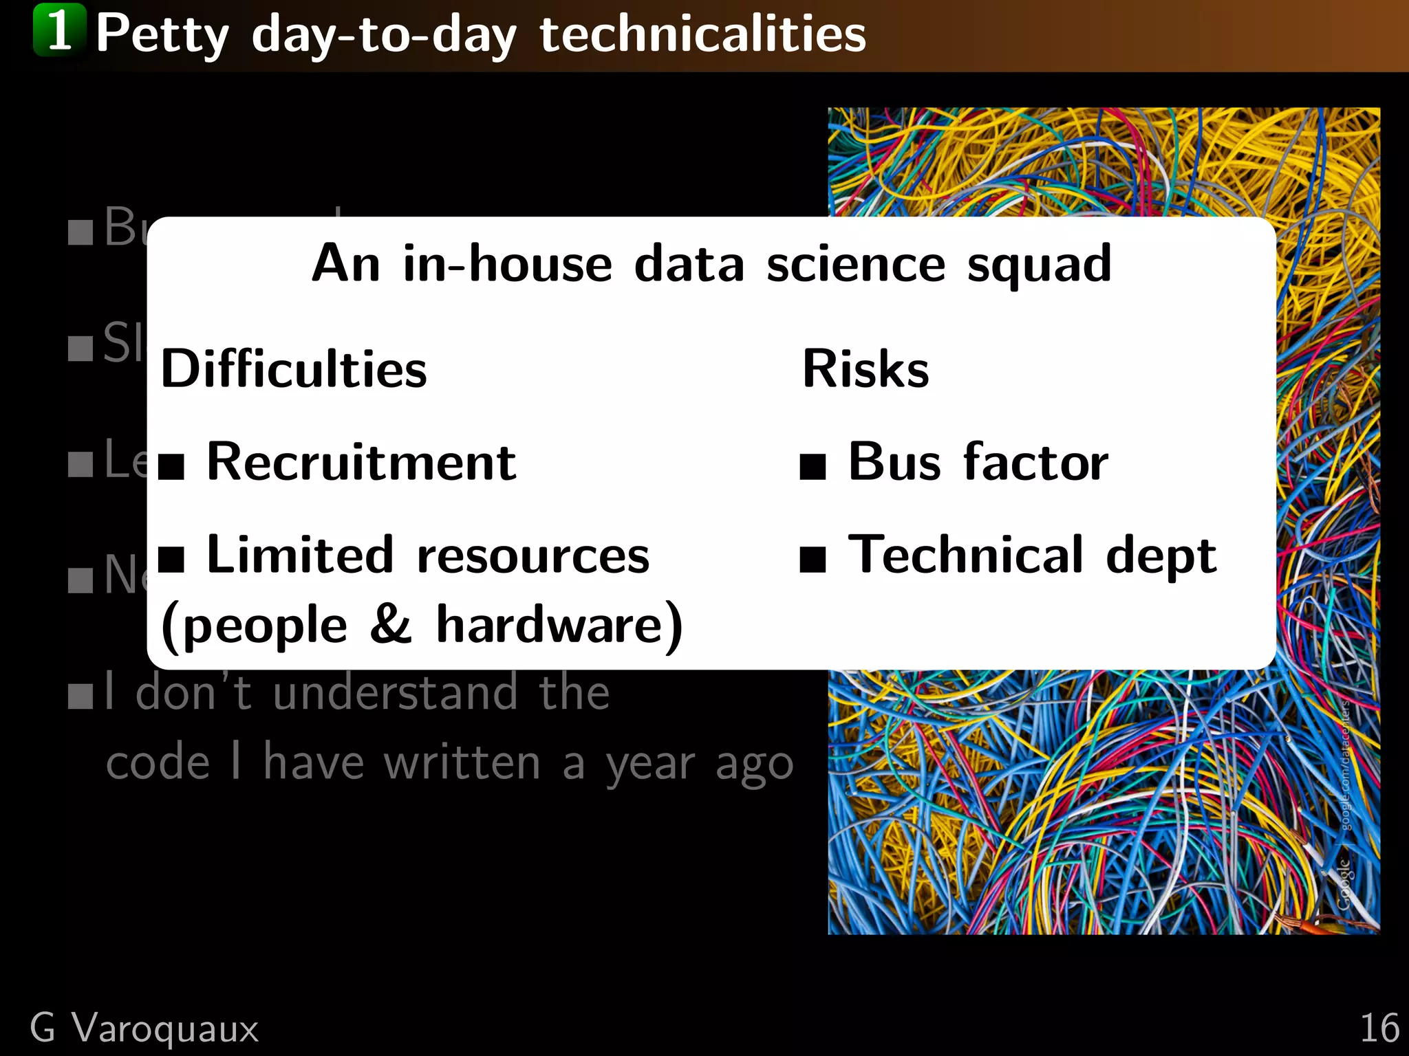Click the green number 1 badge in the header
[x=60, y=30]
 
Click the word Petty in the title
[x=162, y=34]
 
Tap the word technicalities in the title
[x=702, y=34]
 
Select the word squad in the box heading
[x=1039, y=265]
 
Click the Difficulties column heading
[x=294, y=369]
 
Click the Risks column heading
[x=865, y=369]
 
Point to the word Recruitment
[x=361, y=462]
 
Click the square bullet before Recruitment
[x=171, y=466]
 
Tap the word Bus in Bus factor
[x=894, y=462]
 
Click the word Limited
[x=300, y=555]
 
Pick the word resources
[x=533, y=556]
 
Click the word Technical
[x=966, y=555]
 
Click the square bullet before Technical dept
[x=813, y=560]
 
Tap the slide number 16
[x=1379, y=1028]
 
